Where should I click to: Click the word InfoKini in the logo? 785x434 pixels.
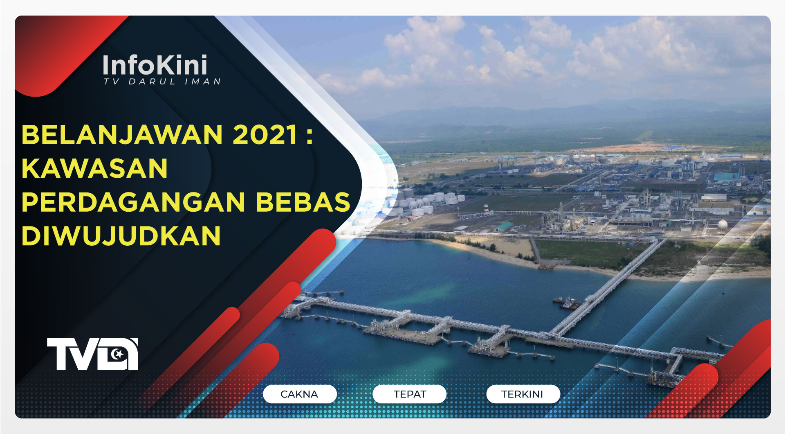click(x=155, y=66)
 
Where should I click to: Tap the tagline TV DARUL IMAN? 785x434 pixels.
click(x=162, y=82)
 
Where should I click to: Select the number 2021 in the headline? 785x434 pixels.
click(x=265, y=135)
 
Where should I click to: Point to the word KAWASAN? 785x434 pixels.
click(x=94, y=168)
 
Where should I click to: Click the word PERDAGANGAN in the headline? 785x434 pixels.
click(x=133, y=202)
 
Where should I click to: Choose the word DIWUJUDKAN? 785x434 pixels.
click(x=121, y=236)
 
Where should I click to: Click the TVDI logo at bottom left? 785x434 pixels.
click(x=92, y=354)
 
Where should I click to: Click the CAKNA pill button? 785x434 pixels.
click(x=299, y=394)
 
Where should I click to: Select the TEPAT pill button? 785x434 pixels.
click(x=410, y=394)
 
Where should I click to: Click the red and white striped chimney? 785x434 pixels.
click(x=486, y=209)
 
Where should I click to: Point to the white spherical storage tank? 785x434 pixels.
click(x=722, y=224)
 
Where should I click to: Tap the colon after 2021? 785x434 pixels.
click(x=309, y=135)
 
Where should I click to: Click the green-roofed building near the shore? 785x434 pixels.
click(x=505, y=226)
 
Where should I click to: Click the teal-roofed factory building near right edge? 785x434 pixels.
click(x=727, y=176)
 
